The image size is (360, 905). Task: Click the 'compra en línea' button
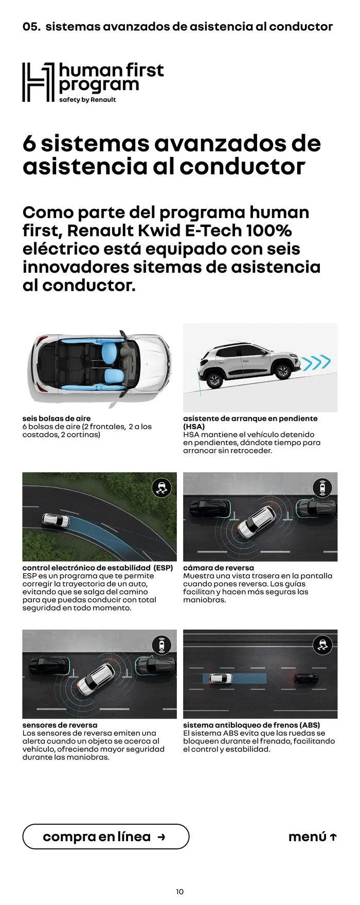[x=105, y=837]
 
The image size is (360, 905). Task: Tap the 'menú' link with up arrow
[x=313, y=837]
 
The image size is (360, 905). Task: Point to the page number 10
[x=179, y=892]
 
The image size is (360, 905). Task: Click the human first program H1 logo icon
[x=38, y=82]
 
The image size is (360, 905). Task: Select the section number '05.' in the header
[x=31, y=27]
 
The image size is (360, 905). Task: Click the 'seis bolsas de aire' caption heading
[x=57, y=418]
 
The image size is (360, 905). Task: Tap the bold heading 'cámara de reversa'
[x=219, y=567]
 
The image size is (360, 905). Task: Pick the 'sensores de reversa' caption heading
[x=60, y=725]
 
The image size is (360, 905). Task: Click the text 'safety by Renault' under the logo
[x=87, y=100]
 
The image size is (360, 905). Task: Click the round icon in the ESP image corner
[x=162, y=487]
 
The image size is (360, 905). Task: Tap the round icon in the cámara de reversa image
[x=322, y=487]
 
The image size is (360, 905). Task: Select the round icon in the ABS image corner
[x=322, y=645]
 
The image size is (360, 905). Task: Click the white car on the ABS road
[x=221, y=679]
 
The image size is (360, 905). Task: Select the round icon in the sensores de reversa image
[x=162, y=645]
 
